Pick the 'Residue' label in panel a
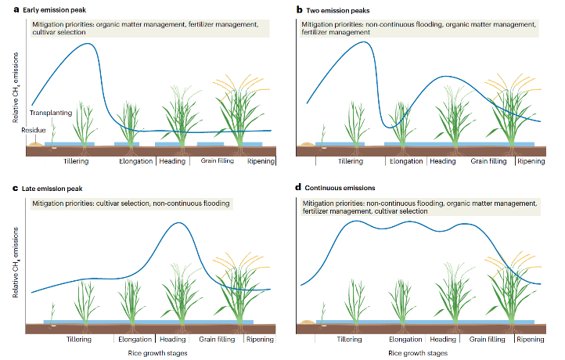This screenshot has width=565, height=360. (x=34, y=131)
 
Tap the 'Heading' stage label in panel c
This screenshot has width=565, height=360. (x=172, y=340)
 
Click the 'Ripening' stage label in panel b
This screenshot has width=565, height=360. (x=531, y=161)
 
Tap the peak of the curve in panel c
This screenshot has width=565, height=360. (x=178, y=223)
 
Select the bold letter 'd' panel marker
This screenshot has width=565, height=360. (x=297, y=189)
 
